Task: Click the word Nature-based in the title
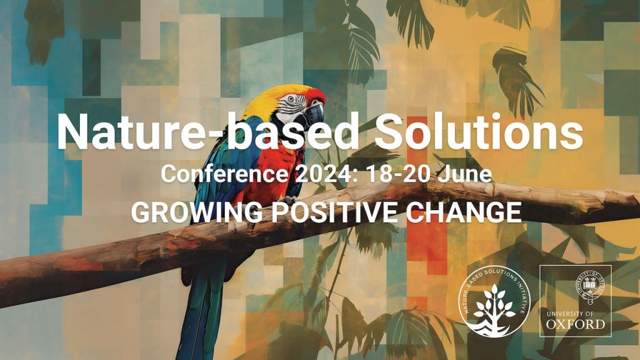207,133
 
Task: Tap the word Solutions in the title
475,133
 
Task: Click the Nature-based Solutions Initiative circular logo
494,301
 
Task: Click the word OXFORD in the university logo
576,324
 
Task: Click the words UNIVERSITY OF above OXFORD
576,312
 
